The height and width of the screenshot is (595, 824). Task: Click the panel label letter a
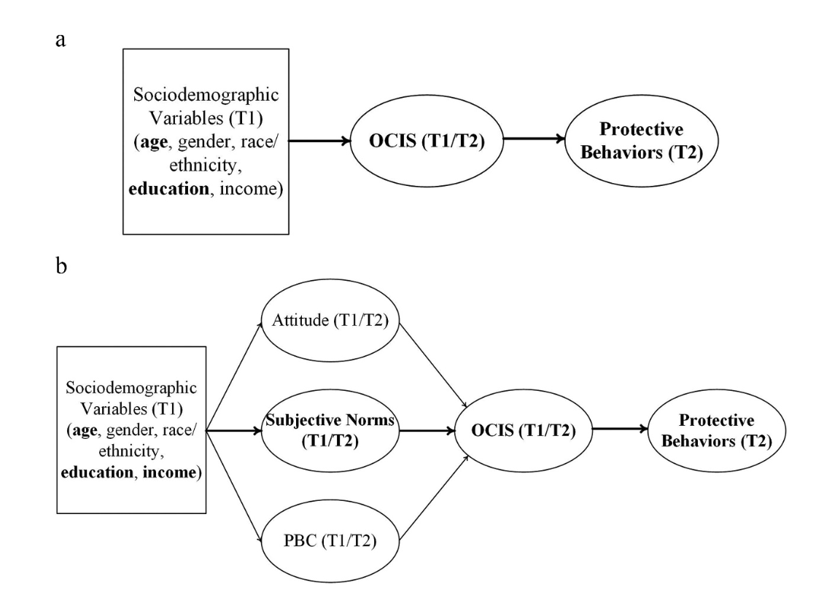point(61,39)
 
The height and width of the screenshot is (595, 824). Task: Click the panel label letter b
point(62,267)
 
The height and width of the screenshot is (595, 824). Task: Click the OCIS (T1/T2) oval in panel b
point(522,430)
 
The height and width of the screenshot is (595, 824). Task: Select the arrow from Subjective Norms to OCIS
point(423,430)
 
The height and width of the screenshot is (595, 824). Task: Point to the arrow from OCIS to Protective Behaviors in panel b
point(621,430)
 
